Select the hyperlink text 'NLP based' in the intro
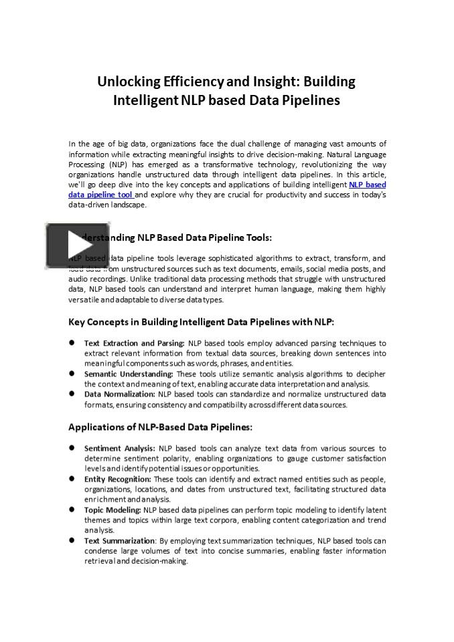point(367,185)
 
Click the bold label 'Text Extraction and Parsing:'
point(135,343)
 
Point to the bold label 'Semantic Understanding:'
point(129,374)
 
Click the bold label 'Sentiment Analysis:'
point(120,448)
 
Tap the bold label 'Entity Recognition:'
point(118,479)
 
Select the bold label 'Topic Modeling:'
point(112,510)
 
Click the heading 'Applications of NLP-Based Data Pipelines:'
point(160,427)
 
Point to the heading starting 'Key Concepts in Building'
point(201,322)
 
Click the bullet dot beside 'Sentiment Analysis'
point(72,448)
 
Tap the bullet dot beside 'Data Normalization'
point(72,395)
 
